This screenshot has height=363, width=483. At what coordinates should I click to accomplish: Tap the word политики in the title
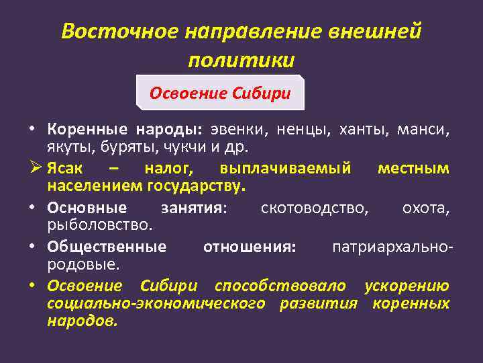coord(241,60)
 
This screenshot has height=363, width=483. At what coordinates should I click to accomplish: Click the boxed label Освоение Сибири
coord(220,93)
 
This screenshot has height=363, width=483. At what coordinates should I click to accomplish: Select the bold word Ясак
coord(67,167)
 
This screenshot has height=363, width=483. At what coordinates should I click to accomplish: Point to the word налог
coord(167,167)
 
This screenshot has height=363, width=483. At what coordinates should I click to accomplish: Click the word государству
coord(201,184)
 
